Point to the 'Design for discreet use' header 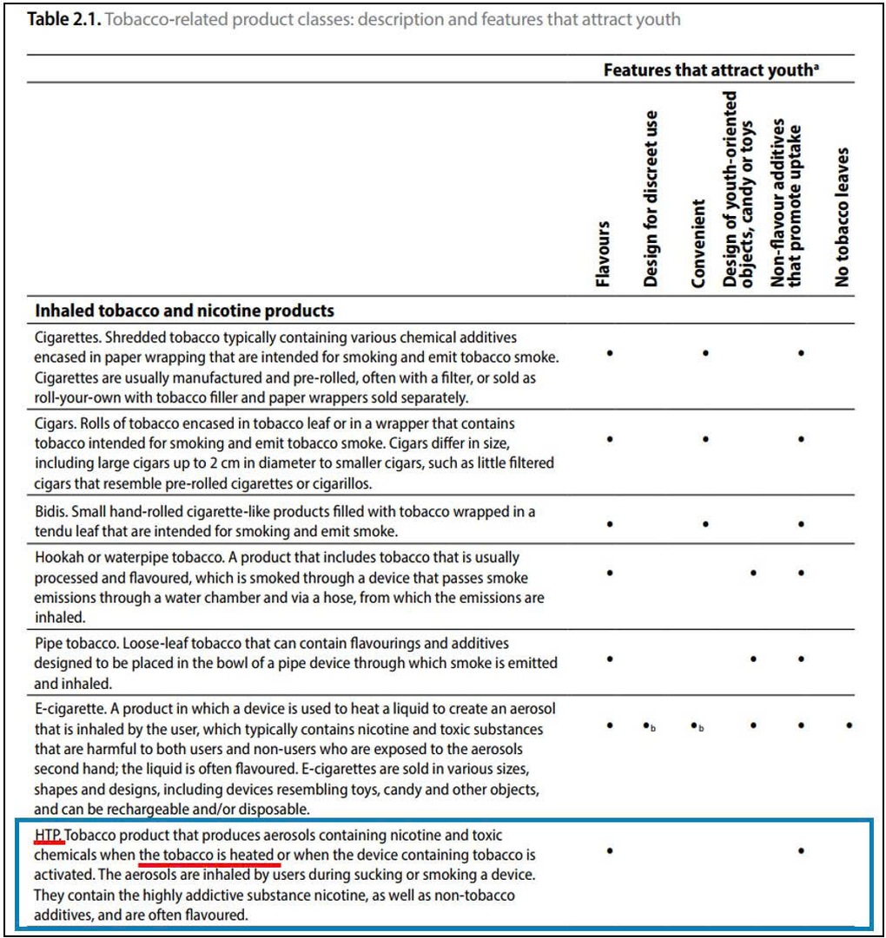(651, 199)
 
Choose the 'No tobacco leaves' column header (842, 217)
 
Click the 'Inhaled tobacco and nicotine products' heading (184, 310)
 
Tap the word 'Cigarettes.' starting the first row (70, 337)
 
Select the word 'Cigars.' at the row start (58, 423)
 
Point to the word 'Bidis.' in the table (54, 511)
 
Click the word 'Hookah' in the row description (60, 557)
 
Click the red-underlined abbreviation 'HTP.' (49, 835)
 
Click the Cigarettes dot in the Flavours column (611, 353)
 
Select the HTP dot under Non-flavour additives (800, 851)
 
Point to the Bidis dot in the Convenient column (705, 524)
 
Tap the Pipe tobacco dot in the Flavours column (611, 659)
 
